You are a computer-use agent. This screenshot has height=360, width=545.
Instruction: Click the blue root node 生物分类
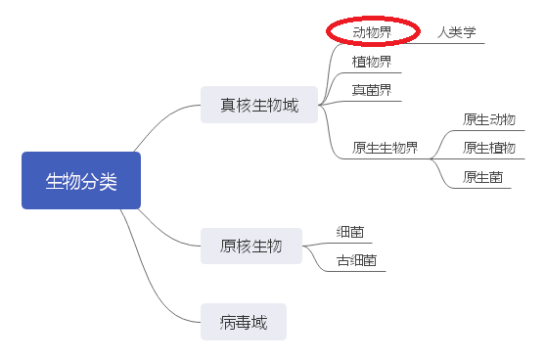click(x=81, y=181)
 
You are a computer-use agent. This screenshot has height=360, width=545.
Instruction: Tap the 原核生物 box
click(x=250, y=246)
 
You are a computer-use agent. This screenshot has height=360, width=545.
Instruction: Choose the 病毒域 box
click(x=244, y=321)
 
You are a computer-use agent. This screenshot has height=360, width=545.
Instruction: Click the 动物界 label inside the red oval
click(x=372, y=32)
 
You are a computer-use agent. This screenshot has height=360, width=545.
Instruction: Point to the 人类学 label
click(x=456, y=32)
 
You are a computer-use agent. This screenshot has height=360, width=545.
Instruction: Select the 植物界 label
click(x=372, y=62)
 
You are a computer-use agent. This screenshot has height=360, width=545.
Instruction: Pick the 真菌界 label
click(x=372, y=90)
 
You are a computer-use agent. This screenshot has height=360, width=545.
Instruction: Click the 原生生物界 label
click(x=385, y=149)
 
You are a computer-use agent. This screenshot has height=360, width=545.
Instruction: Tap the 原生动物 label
click(x=488, y=119)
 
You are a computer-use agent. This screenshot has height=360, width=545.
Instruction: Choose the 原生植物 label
click(x=488, y=148)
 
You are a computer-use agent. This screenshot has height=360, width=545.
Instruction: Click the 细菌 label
click(x=349, y=232)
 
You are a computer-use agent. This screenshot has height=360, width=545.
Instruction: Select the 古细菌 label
click(x=356, y=261)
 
